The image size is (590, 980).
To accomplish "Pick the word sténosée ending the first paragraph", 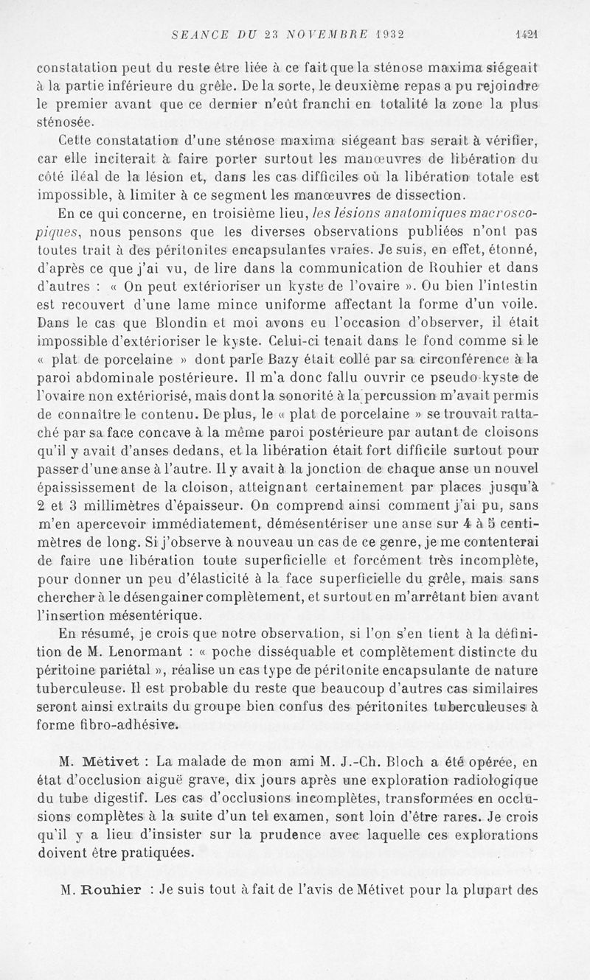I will point(65,120).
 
